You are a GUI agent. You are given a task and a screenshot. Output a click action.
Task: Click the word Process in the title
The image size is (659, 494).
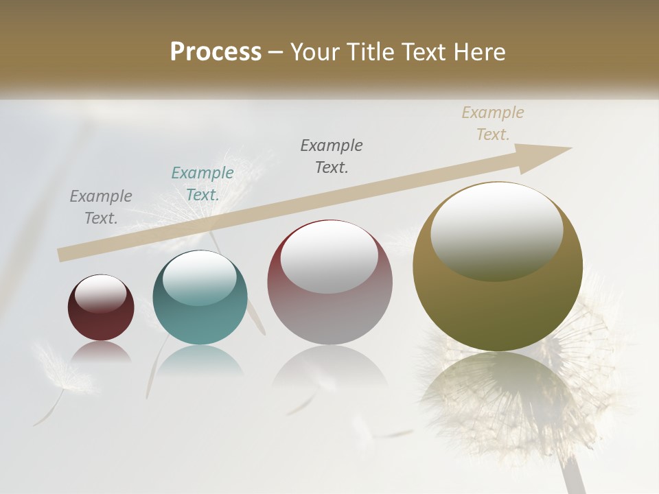[x=216, y=51]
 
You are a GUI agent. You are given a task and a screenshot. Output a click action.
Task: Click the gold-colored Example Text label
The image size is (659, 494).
[x=493, y=123]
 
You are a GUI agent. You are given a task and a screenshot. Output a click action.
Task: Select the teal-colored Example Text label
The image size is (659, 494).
[x=203, y=184]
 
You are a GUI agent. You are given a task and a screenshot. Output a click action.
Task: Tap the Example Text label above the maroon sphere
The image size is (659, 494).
[x=101, y=207]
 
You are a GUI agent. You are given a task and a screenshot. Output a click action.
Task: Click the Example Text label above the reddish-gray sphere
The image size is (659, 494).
[x=332, y=156]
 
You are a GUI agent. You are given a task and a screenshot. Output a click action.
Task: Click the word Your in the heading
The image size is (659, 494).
[x=315, y=51]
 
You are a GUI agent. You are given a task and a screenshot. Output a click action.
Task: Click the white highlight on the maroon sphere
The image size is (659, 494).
[x=100, y=293]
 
